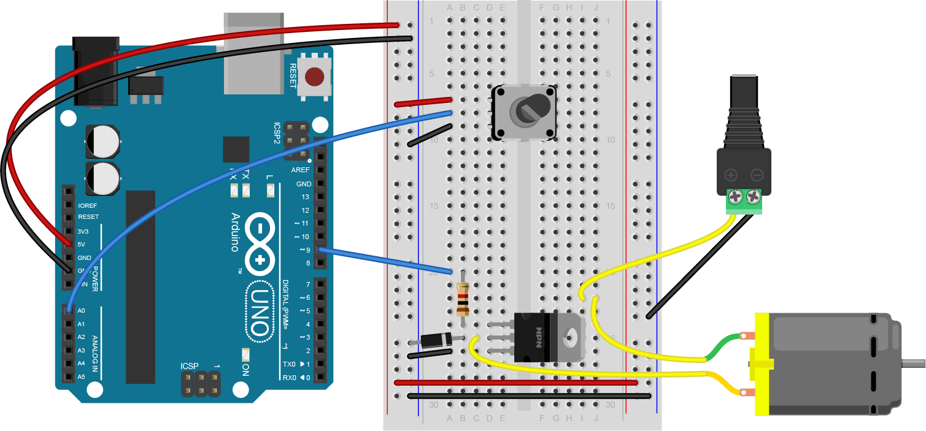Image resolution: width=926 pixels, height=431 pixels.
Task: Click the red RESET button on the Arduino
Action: (314, 77)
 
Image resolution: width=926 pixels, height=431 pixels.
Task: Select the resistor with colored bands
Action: (463, 299)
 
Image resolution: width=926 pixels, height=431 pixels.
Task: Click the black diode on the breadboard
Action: (438, 339)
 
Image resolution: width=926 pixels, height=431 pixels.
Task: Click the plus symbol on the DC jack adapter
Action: (731, 175)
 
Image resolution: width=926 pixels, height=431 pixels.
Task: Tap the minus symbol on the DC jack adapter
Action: (757, 175)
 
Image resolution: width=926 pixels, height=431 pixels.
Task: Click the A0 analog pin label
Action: (82, 311)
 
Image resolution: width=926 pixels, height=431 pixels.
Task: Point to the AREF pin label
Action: (301, 170)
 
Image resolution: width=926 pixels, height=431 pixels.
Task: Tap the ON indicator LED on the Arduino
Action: (245, 355)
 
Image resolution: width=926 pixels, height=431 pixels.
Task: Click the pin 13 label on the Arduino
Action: (305, 197)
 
